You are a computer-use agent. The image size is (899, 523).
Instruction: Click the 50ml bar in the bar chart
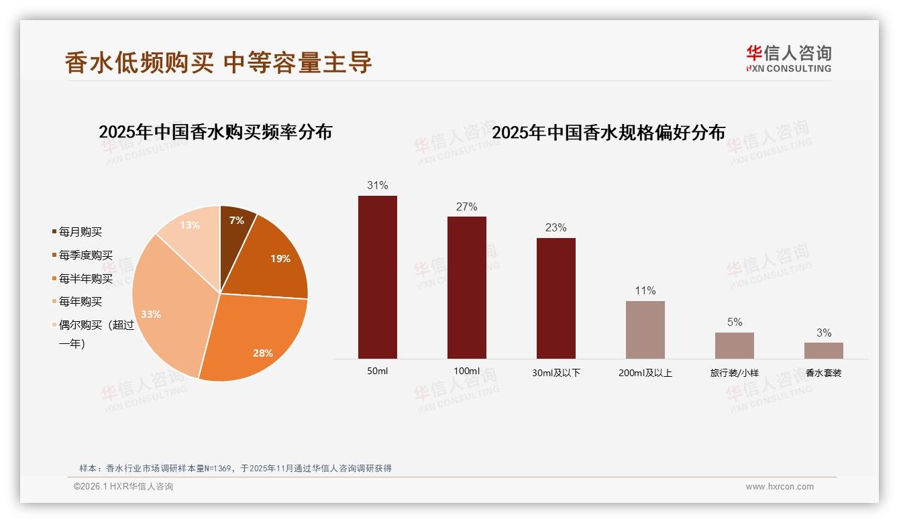377,277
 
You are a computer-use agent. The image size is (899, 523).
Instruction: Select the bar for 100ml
466,287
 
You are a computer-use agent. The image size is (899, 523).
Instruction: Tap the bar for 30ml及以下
556,298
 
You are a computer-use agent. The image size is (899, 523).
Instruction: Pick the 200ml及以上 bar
645,329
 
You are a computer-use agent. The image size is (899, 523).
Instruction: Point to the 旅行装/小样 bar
734,345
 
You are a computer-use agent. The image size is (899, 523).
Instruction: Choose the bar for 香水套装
823,350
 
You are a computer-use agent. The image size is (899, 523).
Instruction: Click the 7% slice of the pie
235,225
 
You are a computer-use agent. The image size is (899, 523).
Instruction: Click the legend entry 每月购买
80,232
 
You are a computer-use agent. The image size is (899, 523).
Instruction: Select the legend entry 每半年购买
85,278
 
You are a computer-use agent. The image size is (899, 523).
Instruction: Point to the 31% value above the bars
377,185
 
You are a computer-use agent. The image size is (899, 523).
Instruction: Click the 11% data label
645,290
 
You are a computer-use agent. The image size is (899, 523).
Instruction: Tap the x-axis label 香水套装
823,373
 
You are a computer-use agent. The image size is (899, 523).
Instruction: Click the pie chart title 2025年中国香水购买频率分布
215,132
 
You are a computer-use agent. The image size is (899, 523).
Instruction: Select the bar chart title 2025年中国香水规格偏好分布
609,133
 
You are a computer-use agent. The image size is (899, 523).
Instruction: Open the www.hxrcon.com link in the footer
780,487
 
